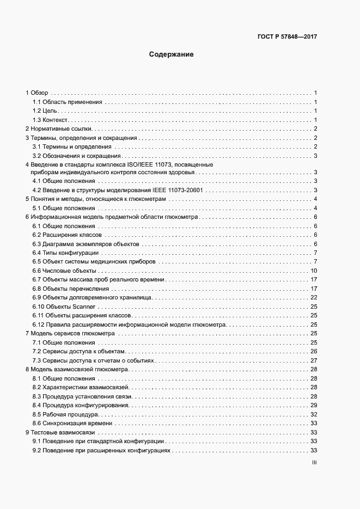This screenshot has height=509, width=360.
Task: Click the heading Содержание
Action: [x=172, y=54]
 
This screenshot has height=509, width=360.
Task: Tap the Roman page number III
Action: [x=314, y=463]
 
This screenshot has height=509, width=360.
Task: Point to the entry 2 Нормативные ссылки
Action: [x=60, y=129]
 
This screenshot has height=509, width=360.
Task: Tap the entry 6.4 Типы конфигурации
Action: [x=65, y=253]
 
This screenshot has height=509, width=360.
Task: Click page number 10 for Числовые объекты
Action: [x=314, y=271]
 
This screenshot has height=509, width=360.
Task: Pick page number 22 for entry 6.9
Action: [x=314, y=297]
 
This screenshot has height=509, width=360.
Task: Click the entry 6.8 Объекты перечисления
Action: [x=72, y=289]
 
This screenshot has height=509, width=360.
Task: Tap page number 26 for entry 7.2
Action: [x=314, y=351]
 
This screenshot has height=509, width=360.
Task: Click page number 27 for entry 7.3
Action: [x=314, y=360]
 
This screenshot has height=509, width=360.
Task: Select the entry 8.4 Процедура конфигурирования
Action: [x=81, y=405]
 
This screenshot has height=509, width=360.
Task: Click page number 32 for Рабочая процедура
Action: [x=314, y=414]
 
